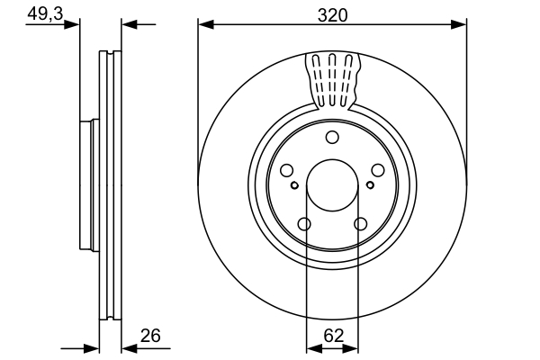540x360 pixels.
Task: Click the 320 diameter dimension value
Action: tap(332, 13)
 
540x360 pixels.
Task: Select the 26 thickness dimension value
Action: tap(150, 336)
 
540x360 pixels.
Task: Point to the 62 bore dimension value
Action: tap(333, 336)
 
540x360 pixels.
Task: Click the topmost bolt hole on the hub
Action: tap(332, 137)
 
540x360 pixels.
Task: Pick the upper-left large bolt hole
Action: tap(287, 171)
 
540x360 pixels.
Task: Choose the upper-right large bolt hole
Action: tap(377, 171)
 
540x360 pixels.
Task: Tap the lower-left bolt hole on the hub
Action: tap(304, 224)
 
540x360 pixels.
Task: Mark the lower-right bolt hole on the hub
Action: tap(361, 224)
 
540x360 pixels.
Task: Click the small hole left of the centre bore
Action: tap(294, 185)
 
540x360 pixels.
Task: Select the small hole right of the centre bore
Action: tap(371, 185)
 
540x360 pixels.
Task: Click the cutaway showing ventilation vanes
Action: tap(335, 79)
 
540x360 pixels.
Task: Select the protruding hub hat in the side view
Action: tap(87, 184)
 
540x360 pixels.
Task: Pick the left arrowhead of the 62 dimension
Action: tap(311, 346)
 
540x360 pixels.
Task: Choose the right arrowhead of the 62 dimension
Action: tap(354, 346)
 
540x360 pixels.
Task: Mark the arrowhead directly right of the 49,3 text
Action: tap(74, 24)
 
